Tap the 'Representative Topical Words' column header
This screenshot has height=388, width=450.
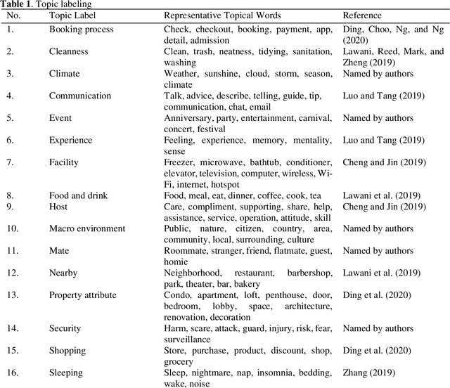tap(222, 15)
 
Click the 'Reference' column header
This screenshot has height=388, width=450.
tap(363, 15)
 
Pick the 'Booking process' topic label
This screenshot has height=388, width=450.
tap(81, 30)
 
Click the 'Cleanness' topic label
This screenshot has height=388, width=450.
tap(68, 51)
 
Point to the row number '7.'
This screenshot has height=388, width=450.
tap(11, 162)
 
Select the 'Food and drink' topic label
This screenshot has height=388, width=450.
tap(78, 195)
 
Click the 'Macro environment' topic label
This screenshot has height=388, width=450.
tap(87, 228)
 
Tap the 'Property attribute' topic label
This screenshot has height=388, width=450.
tap(83, 295)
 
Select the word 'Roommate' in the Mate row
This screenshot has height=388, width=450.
tap(185, 251)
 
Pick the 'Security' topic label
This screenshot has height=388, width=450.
tap(65, 328)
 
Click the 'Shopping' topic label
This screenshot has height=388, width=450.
tap(67, 350)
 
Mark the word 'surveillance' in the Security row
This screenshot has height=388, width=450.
tap(188, 339)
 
